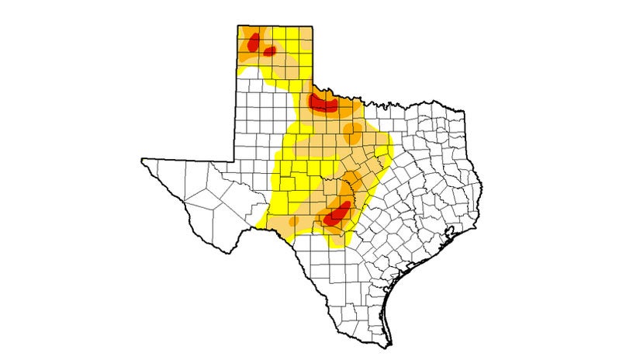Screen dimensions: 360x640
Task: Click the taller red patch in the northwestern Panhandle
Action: coord(252,42)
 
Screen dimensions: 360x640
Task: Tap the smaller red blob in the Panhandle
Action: coord(270,51)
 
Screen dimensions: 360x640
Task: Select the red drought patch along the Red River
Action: coord(323,103)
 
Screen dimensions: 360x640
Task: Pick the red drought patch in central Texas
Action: coord(337,213)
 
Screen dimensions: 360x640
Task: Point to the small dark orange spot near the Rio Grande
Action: coord(292,222)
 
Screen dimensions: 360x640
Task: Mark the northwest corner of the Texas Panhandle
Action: coord(237,26)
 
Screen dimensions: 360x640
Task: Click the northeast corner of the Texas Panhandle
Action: coord(313,26)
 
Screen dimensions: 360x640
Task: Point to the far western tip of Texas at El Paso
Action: coord(141,160)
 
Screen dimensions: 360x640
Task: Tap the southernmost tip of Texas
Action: coord(391,346)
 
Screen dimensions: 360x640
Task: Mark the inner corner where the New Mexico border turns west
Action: coord(237,160)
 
